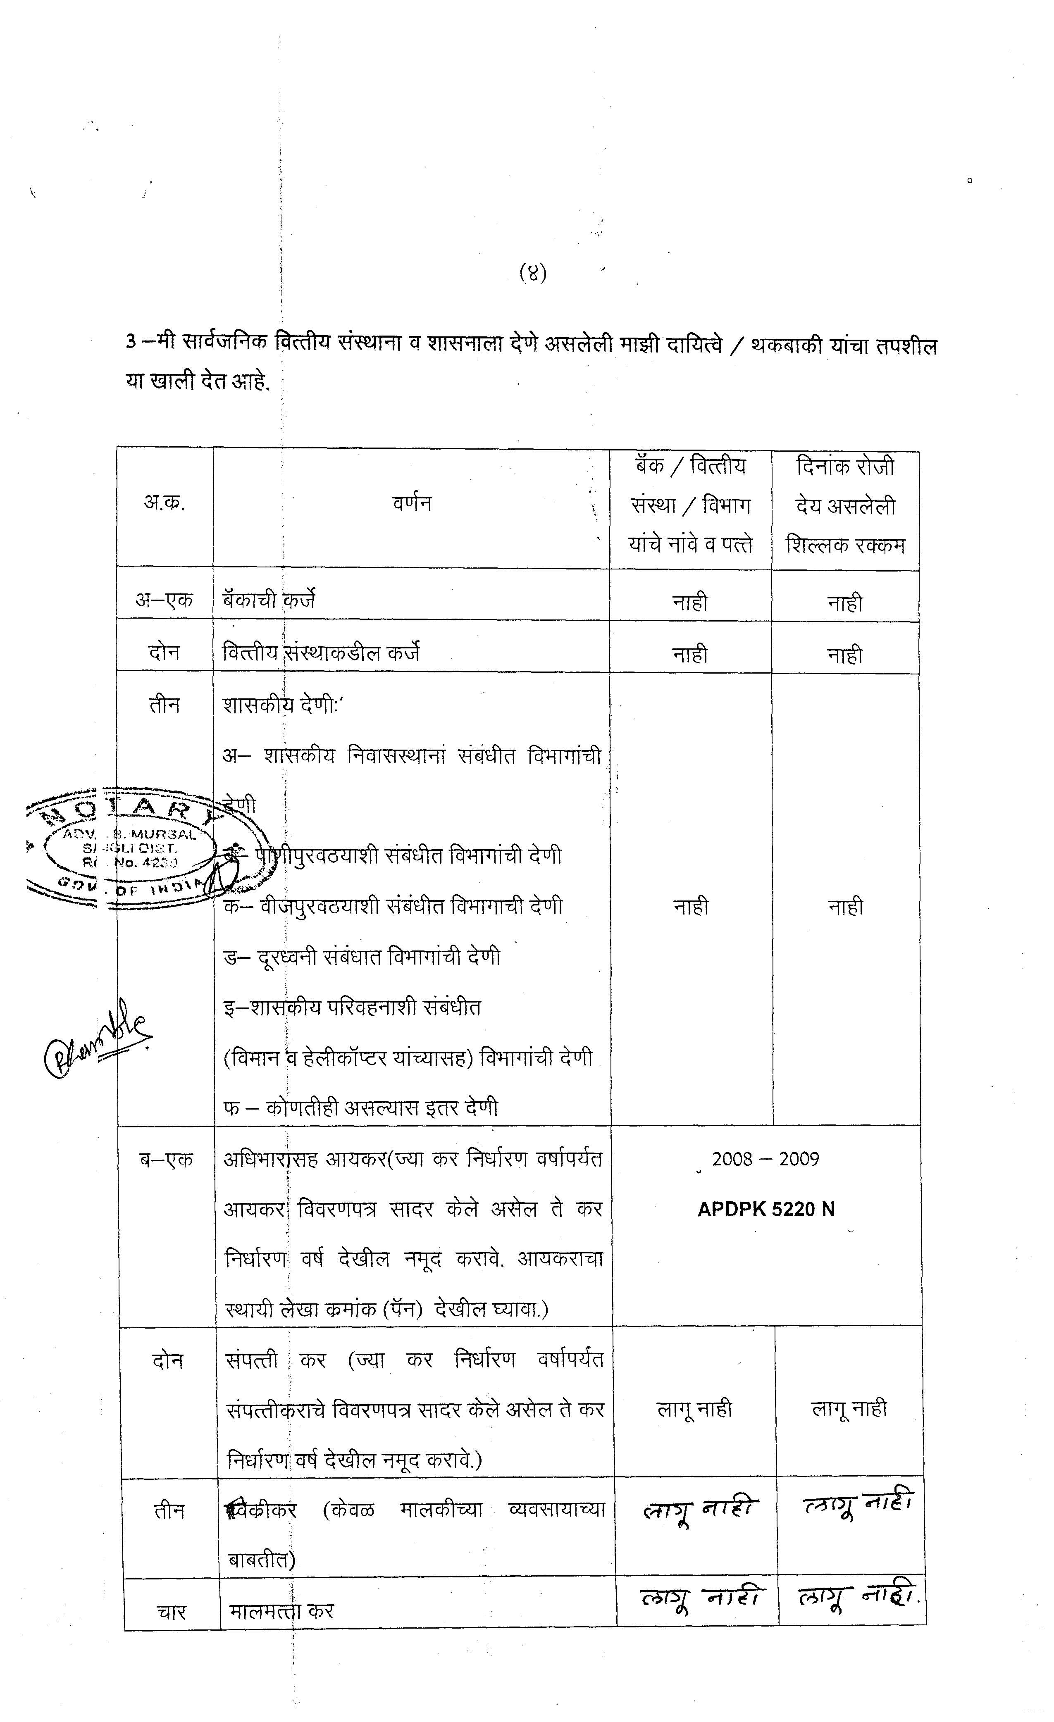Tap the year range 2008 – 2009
[765, 1159]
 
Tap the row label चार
[171, 1612]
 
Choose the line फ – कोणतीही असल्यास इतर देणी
[361, 1108]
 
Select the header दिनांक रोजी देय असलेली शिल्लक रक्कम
[845, 506]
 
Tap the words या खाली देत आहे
[197, 383]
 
